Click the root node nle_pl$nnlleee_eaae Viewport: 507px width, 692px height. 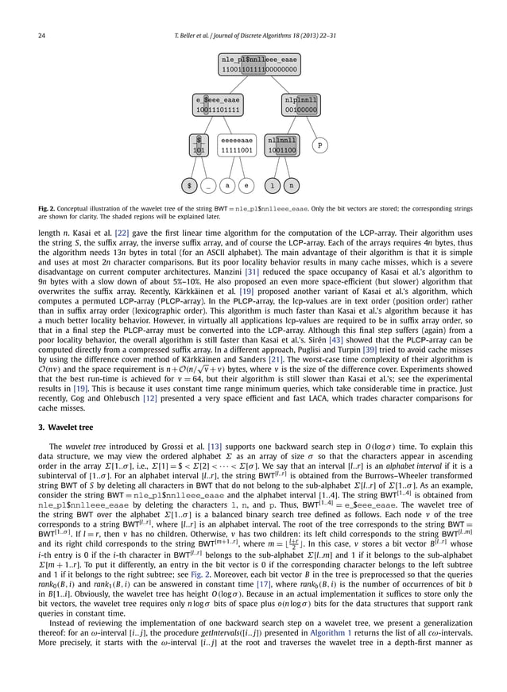coord(260,64)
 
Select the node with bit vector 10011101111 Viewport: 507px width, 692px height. coord(217,106)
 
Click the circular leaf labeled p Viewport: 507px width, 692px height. coord(319,145)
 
